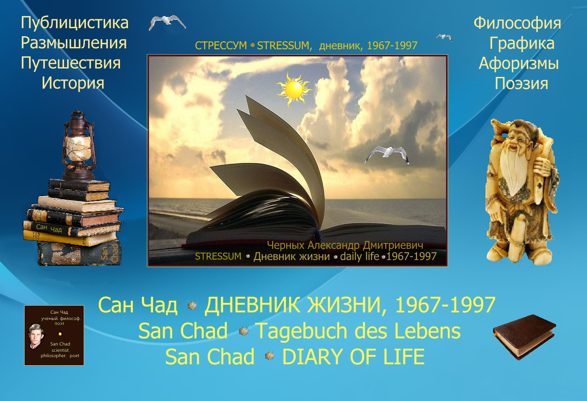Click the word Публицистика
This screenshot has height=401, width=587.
click(75, 23)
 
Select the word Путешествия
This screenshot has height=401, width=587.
click(71, 63)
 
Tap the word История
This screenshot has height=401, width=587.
click(73, 83)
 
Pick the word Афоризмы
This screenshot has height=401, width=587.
click(519, 64)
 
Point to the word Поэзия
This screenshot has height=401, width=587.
click(522, 84)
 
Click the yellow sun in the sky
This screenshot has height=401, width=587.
click(294, 90)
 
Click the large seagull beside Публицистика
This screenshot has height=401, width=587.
click(167, 22)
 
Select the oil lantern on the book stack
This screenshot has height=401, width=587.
click(79, 145)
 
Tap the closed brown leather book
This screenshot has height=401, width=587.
click(524, 337)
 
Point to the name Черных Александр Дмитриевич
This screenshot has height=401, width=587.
click(345, 245)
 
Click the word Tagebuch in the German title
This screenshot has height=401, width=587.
click(302, 331)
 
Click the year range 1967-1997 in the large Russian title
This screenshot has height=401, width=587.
click(445, 305)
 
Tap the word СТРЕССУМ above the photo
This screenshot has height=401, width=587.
click(221, 46)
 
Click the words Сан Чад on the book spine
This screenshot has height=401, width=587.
click(49, 228)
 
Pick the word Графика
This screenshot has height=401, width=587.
click(522, 43)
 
